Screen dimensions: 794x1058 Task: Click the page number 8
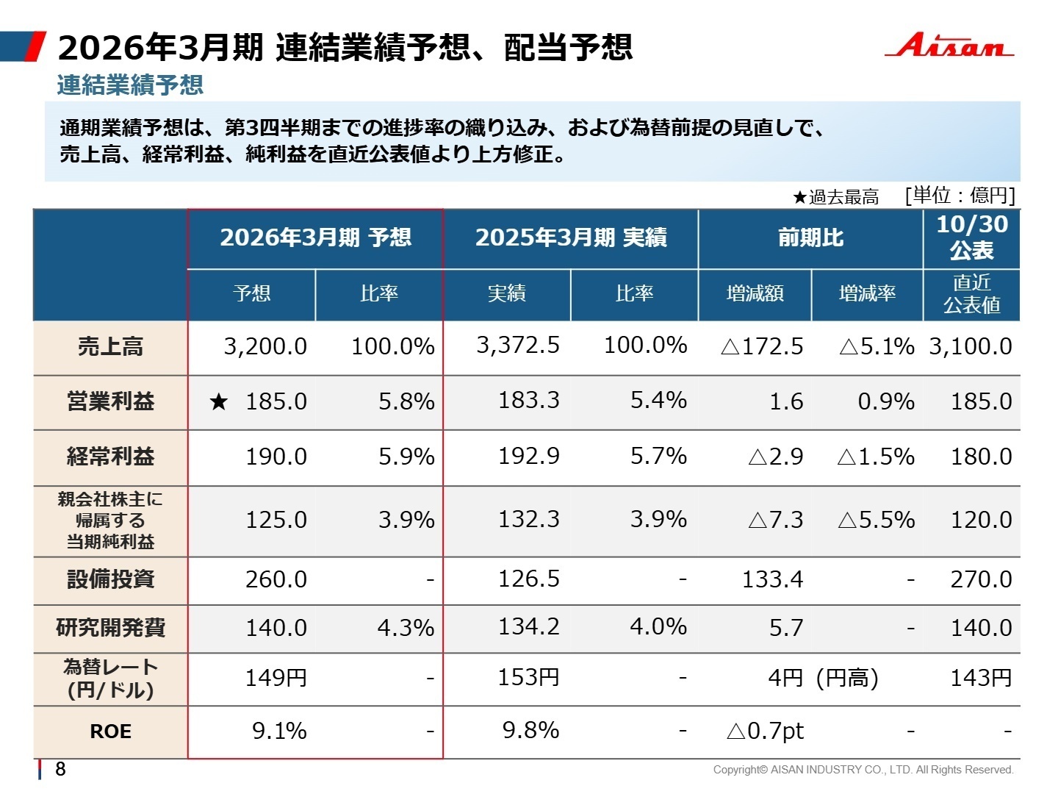click(60, 769)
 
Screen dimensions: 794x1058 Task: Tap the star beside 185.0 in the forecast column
click(218, 401)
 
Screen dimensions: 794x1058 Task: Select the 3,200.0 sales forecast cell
click(265, 346)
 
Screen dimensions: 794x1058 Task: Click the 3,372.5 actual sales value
click(518, 345)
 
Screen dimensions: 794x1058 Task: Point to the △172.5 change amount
click(762, 346)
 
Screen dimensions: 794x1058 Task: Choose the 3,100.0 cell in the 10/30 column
click(971, 346)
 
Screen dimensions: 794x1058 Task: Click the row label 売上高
click(110, 347)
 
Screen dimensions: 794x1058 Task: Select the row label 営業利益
click(110, 401)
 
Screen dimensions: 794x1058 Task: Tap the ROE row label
click(110, 732)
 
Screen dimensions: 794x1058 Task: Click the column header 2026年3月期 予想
click(315, 237)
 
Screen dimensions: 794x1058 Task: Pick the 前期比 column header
click(810, 237)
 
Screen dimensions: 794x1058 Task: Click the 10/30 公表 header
click(971, 237)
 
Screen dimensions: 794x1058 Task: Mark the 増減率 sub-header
click(867, 293)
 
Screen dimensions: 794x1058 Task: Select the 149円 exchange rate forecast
click(276, 678)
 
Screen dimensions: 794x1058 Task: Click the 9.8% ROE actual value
click(530, 731)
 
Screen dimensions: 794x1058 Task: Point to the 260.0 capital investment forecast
click(276, 579)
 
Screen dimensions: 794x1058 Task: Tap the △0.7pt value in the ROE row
click(765, 731)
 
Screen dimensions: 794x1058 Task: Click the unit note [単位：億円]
click(960, 196)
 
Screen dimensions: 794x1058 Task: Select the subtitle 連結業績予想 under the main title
click(130, 85)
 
